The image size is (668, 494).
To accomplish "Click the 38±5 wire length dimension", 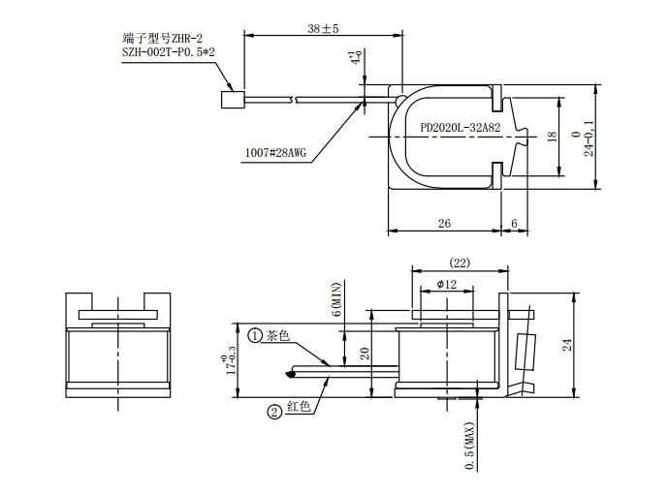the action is [323, 29].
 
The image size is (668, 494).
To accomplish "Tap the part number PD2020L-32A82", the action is [461, 127].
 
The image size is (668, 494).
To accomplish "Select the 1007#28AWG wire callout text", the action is [275, 153].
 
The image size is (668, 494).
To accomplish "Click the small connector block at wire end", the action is [233, 100].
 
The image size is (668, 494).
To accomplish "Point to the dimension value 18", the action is [552, 137].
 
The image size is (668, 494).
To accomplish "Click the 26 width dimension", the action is [444, 224].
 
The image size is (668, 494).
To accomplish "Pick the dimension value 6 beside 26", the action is [514, 224].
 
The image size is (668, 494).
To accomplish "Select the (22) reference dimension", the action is [460, 262].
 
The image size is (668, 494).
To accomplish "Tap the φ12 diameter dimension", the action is [447, 284].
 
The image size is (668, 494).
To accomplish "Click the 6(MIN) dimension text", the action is [336, 299].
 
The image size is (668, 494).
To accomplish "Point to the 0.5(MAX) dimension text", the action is [469, 446].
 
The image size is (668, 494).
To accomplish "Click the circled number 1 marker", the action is [255, 336].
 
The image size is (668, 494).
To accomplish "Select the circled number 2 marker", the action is [274, 412].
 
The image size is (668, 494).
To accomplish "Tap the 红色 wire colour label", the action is [299, 407].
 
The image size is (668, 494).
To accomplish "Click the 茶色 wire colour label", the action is [278, 335].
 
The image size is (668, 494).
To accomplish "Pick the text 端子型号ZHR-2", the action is [163, 39].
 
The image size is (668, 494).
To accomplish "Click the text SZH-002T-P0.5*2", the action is [169, 52].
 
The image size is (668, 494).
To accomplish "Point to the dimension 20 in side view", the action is [365, 354].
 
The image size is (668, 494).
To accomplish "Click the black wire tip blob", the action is [291, 375].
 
